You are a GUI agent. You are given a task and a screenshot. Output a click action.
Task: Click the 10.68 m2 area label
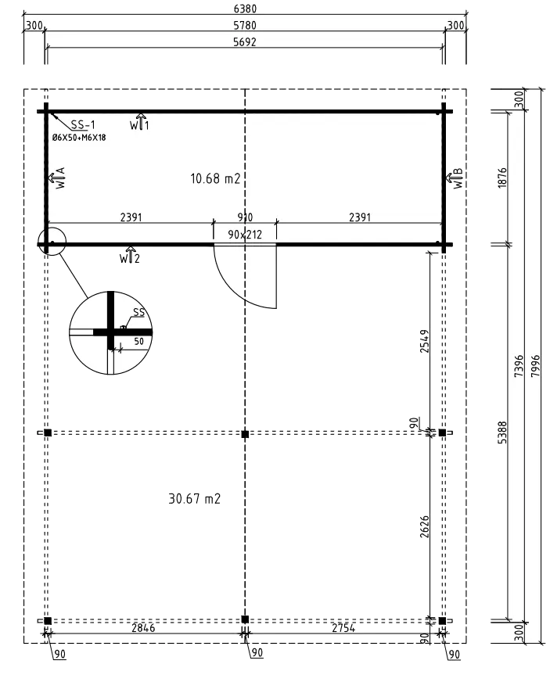click(x=214, y=178)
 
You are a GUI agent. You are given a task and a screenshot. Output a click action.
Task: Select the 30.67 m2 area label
click(x=196, y=498)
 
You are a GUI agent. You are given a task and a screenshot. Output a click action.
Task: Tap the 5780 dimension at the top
click(x=245, y=26)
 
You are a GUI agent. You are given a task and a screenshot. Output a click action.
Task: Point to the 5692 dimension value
click(x=245, y=42)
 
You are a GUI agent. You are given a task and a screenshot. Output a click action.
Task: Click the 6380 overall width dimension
click(x=245, y=9)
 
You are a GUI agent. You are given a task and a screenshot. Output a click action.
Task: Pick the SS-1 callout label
click(x=82, y=125)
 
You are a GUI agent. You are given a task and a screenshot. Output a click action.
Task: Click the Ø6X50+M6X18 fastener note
click(x=79, y=138)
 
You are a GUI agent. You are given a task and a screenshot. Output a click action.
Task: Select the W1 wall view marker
click(x=138, y=124)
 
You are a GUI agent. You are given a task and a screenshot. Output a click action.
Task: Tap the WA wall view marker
click(x=56, y=179)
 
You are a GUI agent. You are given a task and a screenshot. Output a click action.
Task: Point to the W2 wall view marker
click(x=130, y=256)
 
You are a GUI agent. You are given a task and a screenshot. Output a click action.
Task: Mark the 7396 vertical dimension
click(x=519, y=365)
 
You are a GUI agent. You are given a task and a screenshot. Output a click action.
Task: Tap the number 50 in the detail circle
click(x=138, y=342)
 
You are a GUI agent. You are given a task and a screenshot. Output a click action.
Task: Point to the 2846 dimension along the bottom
click(x=142, y=628)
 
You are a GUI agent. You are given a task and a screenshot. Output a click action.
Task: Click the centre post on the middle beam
click(x=245, y=433)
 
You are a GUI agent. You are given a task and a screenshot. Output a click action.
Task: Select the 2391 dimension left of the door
click(x=131, y=217)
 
